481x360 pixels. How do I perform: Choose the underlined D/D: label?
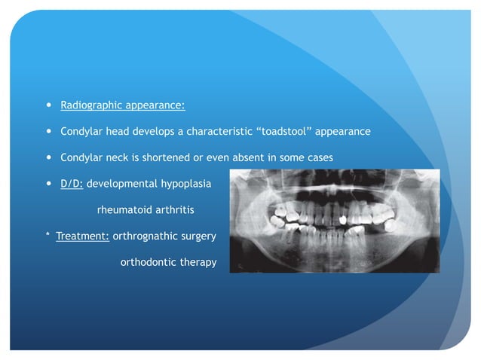pyautogui.click(x=72, y=184)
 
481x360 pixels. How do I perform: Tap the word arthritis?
pyautogui.click(x=173, y=210)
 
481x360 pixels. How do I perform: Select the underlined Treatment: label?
pyautogui.click(x=82, y=236)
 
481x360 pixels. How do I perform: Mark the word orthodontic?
pyautogui.click(x=147, y=263)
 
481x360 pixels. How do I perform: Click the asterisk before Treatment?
pyautogui.click(x=47, y=236)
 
